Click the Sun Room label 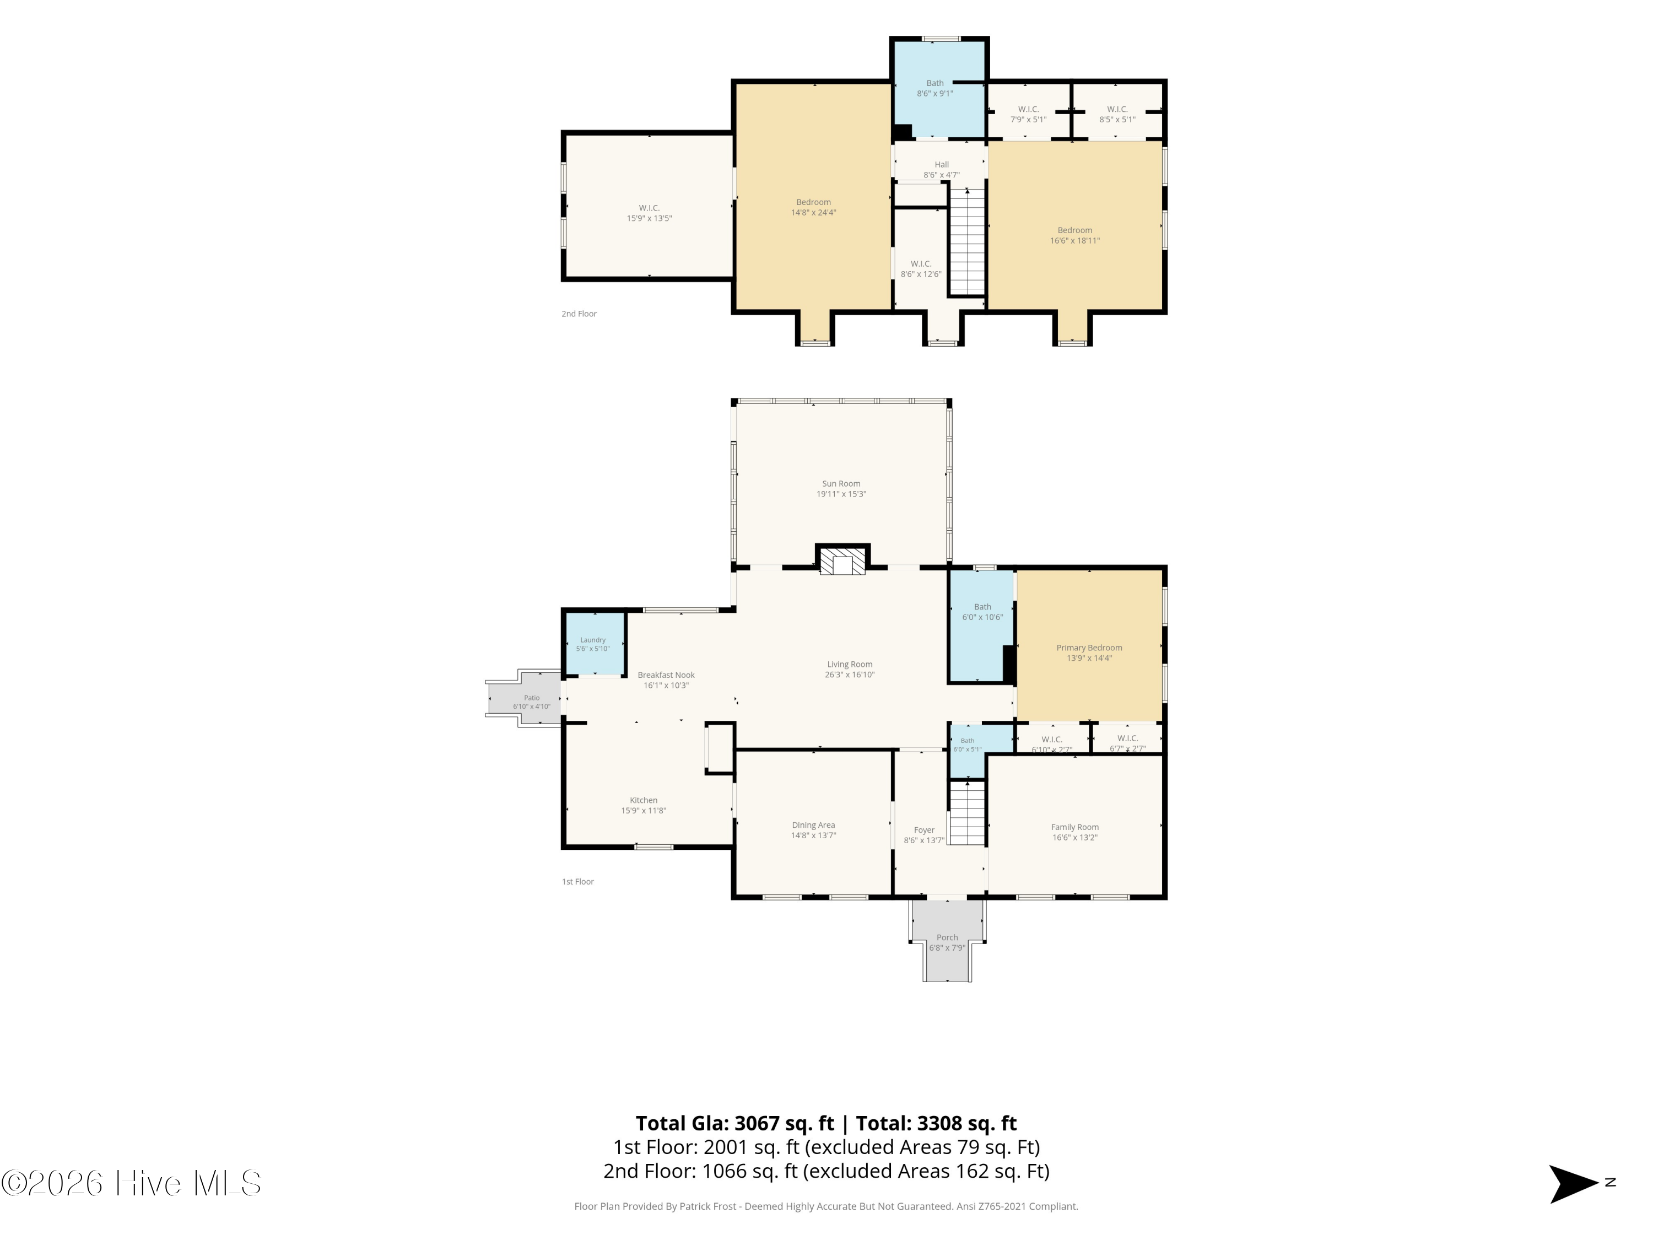pos(841,483)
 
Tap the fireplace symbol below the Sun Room pos(842,560)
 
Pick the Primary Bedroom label pos(1089,648)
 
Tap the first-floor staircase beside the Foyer pos(968,812)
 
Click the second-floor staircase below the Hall pos(968,241)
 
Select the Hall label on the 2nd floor pos(942,164)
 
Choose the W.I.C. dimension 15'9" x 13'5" pos(650,218)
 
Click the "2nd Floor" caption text pos(579,314)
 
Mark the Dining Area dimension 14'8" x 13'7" pos(814,835)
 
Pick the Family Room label pos(1074,827)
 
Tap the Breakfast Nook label pos(666,675)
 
